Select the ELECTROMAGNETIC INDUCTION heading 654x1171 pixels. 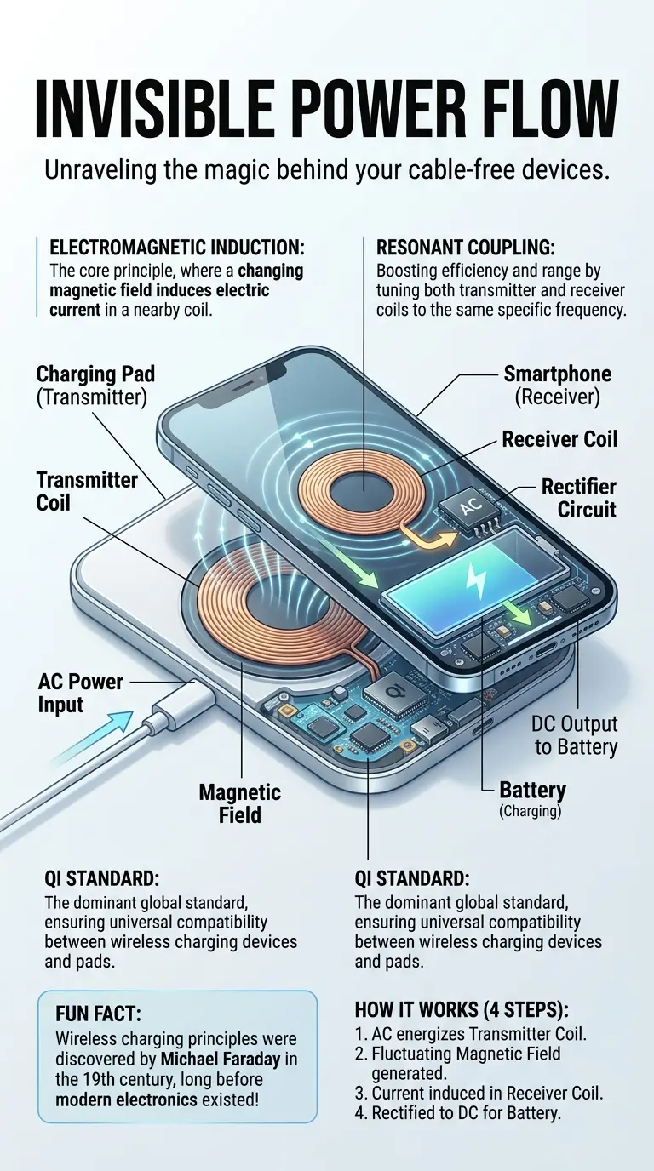click(177, 248)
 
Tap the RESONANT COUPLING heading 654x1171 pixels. click(465, 248)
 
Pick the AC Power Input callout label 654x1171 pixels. click(81, 693)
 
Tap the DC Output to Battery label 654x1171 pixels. click(575, 735)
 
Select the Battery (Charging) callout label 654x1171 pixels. click(531, 799)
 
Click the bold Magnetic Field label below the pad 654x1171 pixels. click(241, 803)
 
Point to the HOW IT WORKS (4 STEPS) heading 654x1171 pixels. click(462, 1010)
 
